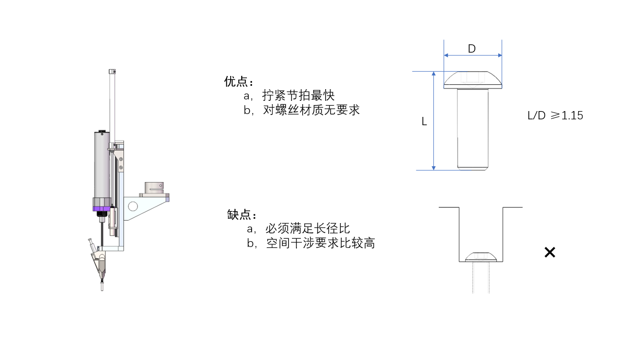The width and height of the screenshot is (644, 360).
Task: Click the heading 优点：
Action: pyautogui.click(x=239, y=81)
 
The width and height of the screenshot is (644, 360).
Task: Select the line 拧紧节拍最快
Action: pyautogui.click(x=298, y=95)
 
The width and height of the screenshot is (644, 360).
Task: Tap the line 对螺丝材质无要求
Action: pyautogui.click(x=311, y=110)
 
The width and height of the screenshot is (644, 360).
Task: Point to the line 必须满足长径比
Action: pyautogui.click(x=307, y=228)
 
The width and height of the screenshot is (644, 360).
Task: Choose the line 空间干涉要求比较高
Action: pyautogui.click(x=320, y=243)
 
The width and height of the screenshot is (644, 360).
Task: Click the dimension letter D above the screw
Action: pyautogui.click(x=471, y=49)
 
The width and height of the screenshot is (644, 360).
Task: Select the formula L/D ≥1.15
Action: pyautogui.click(x=555, y=116)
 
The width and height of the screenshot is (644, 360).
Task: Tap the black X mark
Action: pyautogui.click(x=549, y=252)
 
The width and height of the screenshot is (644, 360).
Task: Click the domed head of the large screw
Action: pyautogui.click(x=472, y=80)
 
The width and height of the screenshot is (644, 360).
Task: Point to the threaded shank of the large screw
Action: pyautogui.click(x=472, y=129)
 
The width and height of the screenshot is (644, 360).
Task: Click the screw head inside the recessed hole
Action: pyautogui.click(x=481, y=257)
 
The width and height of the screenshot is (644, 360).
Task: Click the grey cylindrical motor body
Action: pyautogui.click(x=101, y=166)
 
